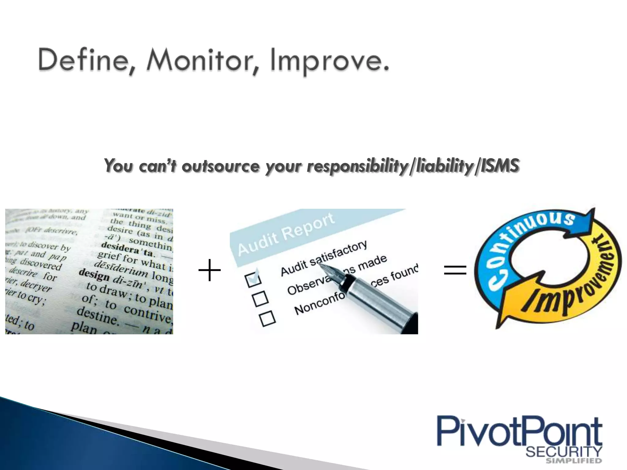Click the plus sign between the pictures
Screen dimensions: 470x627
pyautogui.click(x=210, y=270)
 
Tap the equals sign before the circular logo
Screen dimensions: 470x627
pyautogui.click(x=455, y=270)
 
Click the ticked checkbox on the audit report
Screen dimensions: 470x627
pyautogui.click(x=253, y=279)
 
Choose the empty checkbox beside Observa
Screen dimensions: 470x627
pyautogui.click(x=261, y=299)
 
